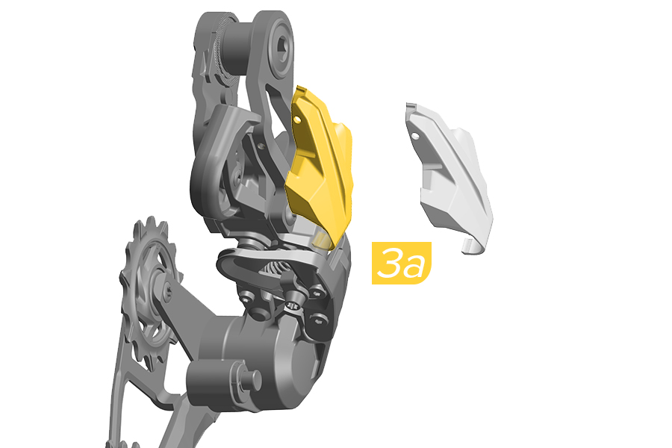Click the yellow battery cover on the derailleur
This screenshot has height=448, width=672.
(x=320, y=167)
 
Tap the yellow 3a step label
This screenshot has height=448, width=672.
(x=401, y=263)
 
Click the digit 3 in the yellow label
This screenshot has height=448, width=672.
(x=390, y=262)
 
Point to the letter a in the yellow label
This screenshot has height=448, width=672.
(x=414, y=267)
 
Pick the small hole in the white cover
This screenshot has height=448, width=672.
(x=415, y=136)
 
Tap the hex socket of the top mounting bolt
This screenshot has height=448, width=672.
(x=283, y=46)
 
